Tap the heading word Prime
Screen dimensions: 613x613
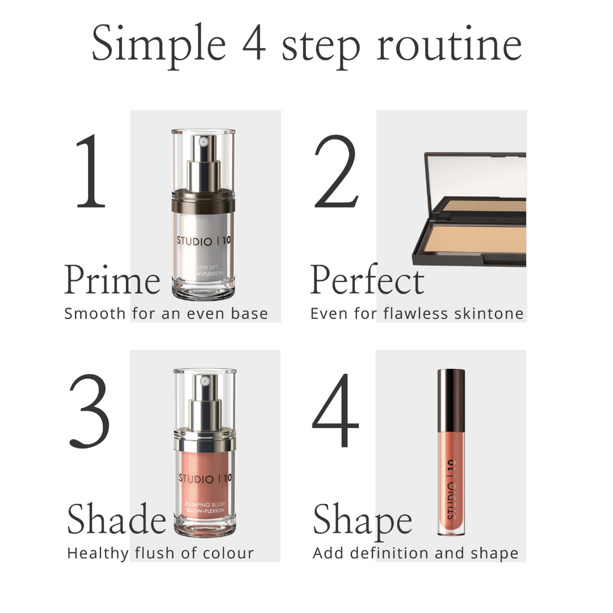[112, 280]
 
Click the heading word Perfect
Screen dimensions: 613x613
[366, 280]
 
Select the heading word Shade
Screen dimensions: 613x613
[116, 519]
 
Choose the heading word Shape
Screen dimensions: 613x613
[362, 519]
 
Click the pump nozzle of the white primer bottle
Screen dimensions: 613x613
[204, 143]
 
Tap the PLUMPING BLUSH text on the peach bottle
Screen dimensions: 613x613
[205, 505]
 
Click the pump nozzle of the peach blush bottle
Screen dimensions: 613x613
[205, 381]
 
